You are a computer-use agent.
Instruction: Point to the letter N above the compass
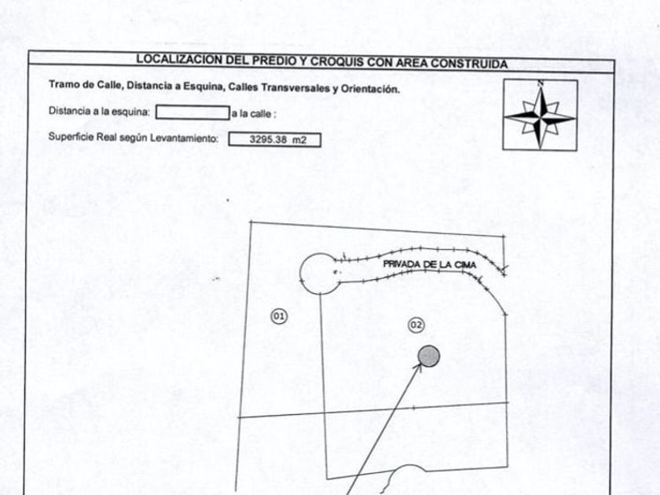tap(540, 83)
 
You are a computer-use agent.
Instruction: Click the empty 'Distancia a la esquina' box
tap(192, 112)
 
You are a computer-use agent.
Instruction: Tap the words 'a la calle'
tap(254, 113)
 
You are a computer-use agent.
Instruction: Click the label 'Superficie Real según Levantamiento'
tap(132, 137)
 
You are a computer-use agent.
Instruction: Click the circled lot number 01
tap(279, 316)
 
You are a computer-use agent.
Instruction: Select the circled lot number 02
tap(416, 324)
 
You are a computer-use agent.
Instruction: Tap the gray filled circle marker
tap(429, 357)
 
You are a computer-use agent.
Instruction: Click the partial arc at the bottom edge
tap(409, 475)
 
